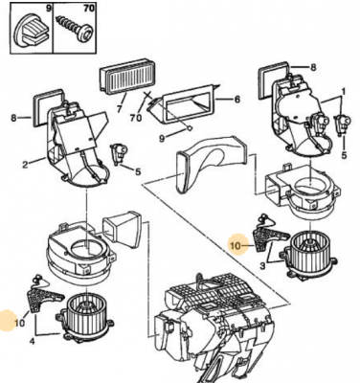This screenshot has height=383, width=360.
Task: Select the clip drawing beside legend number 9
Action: [x=32, y=30]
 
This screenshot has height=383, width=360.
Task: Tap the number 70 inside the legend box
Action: [x=88, y=9]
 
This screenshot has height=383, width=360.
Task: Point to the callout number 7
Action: [x=119, y=109]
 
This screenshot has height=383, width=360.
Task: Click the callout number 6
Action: [x=236, y=100]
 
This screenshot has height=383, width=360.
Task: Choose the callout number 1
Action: [x=344, y=92]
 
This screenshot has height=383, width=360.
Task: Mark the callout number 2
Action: [x=25, y=165]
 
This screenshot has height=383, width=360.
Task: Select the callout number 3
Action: [x=262, y=265]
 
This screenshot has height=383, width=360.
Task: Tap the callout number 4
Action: [x=33, y=341]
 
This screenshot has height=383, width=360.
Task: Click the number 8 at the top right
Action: [x=313, y=67]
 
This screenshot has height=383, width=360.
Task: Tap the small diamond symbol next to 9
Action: [x=189, y=128]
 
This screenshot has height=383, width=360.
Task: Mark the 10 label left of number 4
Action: [x=19, y=323]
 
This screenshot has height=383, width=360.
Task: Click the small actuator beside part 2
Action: [x=119, y=153]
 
